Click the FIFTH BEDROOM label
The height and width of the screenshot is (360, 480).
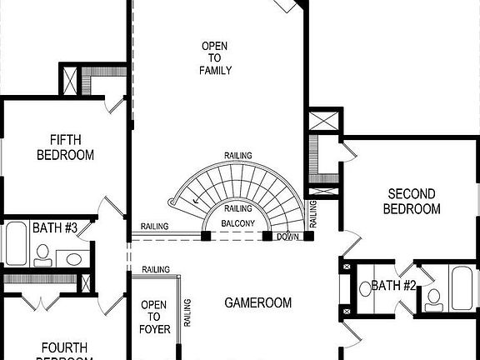pos(65,147)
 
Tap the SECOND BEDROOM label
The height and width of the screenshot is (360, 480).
pos(411,201)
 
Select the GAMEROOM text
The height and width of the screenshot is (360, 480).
pos(258,303)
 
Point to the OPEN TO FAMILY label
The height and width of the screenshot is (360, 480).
pos(216,57)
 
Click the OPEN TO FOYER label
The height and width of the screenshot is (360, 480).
pos(155,317)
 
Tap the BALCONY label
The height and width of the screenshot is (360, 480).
pos(238,224)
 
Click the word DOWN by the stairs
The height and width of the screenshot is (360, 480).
pos(287,237)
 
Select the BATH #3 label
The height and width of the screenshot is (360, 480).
pos(55,227)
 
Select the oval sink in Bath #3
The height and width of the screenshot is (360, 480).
pos(73,259)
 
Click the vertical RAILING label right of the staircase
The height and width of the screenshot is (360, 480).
pos(313,214)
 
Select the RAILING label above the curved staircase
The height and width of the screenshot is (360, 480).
pos(238,156)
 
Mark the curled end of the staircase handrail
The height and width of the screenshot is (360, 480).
pos(172,202)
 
